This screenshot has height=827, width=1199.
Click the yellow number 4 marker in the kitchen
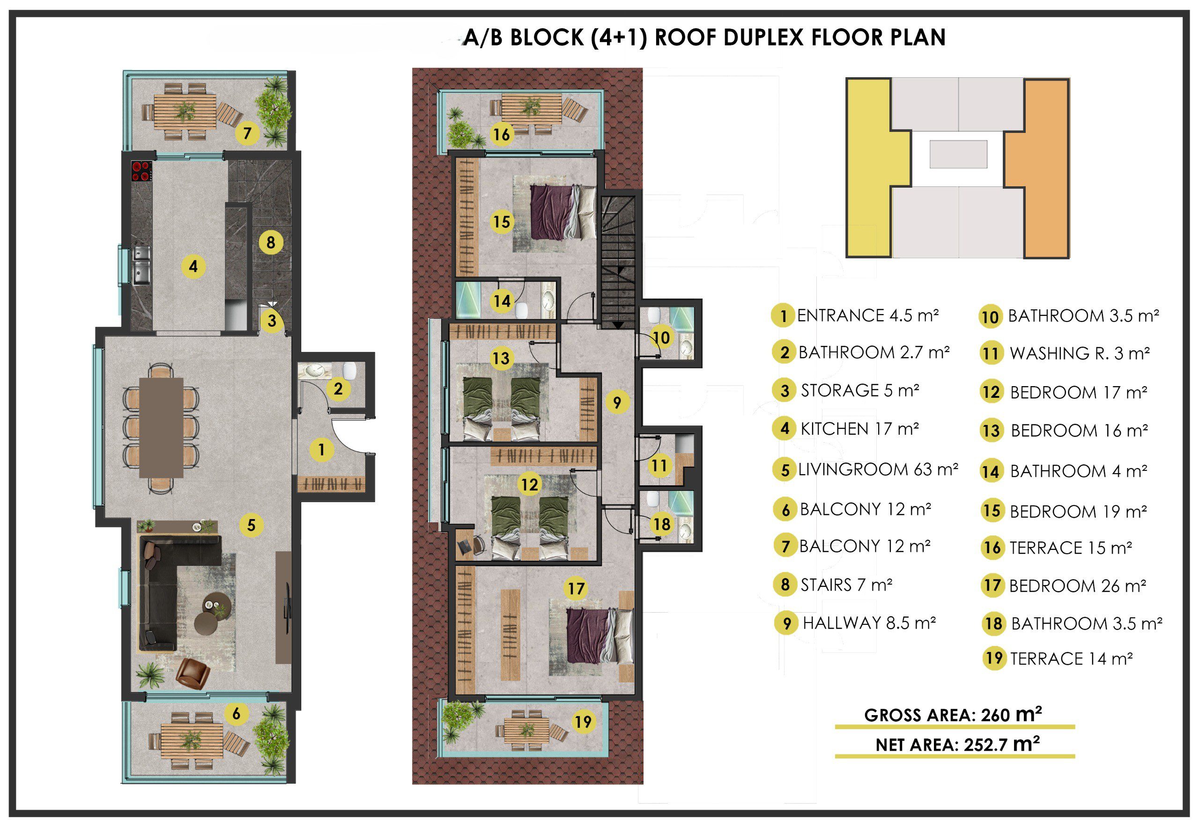(x=193, y=266)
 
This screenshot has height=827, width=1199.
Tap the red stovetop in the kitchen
(x=141, y=171)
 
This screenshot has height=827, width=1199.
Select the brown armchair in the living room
(x=192, y=673)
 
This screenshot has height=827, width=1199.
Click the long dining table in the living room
(x=161, y=427)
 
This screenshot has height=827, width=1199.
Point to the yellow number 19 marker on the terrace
(x=583, y=722)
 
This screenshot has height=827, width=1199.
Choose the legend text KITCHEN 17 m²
(x=859, y=429)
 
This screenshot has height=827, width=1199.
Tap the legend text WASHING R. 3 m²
(x=1079, y=353)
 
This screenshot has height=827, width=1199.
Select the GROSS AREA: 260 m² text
(x=953, y=715)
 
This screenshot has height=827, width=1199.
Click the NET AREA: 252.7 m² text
(x=957, y=744)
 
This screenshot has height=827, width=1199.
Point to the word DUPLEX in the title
(x=754, y=37)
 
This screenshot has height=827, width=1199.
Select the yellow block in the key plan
(x=879, y=168)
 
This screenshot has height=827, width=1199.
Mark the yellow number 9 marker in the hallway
(x=617, y=402)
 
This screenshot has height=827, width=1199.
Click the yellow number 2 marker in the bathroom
(x=338, y=388)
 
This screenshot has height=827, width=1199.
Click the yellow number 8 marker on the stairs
(x=270, y=242)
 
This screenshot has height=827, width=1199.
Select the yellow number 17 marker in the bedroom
(x=576, y=588)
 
